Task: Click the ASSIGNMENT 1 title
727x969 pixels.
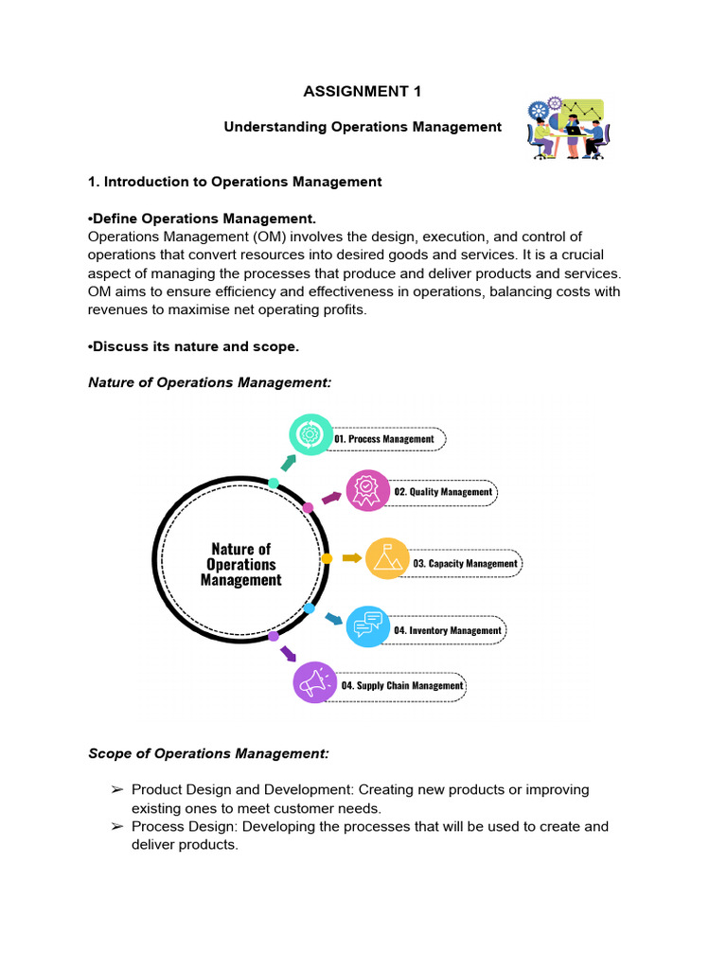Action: (363, 92)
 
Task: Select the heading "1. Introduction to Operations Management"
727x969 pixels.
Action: (235, 182)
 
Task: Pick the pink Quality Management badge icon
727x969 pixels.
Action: (367, 490)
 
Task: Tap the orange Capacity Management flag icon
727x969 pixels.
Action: (387, 559)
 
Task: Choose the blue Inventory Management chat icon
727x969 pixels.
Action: (368, 625)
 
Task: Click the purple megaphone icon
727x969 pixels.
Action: (315, 681)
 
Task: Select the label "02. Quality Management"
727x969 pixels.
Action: (443, 492)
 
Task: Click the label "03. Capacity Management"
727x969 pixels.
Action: (465, 564)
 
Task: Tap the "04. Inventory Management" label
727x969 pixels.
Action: (448, 630)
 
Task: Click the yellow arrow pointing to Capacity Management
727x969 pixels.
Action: (351, 558)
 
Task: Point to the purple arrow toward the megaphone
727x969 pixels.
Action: (288, 653)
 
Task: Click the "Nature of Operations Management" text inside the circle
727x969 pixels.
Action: (240, 564)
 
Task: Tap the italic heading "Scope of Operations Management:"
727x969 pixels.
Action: (208, 753)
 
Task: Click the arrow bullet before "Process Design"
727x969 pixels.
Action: (117, 826)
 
